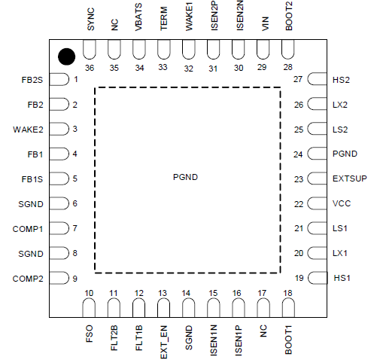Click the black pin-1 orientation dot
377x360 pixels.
coord(66,56)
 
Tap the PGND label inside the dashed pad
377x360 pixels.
coord(185,177)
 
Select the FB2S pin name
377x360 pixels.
coord(32,80)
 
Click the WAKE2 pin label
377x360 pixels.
coord(28,130)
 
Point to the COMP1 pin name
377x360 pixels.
coord(28,229)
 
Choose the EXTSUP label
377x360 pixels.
coord(350,178)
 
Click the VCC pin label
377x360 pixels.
coord(342,203)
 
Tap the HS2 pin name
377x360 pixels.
coord(341,80)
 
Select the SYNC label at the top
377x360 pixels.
coord(90,20)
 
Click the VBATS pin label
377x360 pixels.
coord(138,17)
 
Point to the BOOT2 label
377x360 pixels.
coord(289,16)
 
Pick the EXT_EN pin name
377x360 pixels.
coord(163,342)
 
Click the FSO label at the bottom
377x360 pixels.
coord(90,334)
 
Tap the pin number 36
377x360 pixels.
coord(90,68)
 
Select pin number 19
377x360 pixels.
coord(299,278)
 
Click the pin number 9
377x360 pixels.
coord(75,279)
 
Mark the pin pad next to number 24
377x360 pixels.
coord(317,154)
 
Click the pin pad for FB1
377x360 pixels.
coord(59,154)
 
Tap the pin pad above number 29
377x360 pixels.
coord(263,49)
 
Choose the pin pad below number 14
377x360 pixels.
coord(189,308)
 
